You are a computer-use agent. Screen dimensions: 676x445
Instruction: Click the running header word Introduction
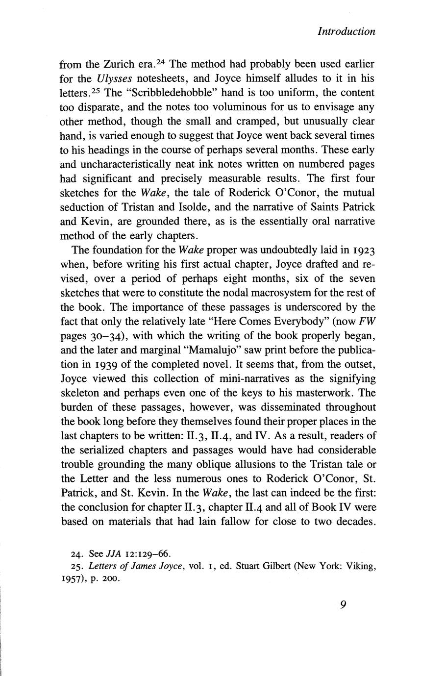point(346,31)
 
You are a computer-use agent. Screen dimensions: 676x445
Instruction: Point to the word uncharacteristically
point(125,164)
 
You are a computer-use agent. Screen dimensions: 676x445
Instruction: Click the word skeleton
point(82,393)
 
